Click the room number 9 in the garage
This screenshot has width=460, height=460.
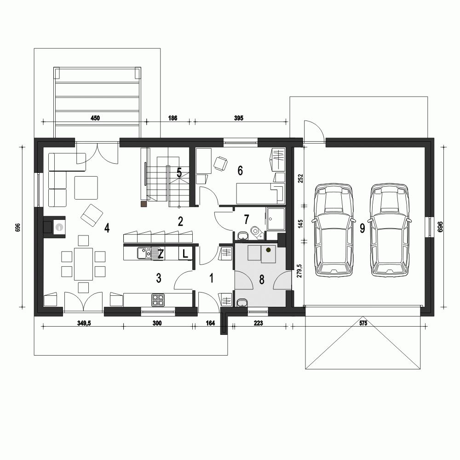pos(362,228)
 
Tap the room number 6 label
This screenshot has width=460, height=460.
pos(240,171)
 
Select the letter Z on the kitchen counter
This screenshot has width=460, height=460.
pos(161,254)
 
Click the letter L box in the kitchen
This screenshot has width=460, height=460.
pos(185,254)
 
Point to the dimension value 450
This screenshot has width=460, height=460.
pos(95,118)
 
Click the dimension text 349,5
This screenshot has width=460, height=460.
pos(84,323)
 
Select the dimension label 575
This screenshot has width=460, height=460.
pos(362,323)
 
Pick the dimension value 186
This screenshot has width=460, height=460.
pos(172,118)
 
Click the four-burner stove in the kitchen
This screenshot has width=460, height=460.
pos(158,300)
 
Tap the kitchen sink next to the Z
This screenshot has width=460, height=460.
pos(144,253)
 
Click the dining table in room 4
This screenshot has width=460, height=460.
pos(83,264)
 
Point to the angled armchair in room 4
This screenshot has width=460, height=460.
pos(92,215)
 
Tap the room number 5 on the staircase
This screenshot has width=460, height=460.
pos(179,173)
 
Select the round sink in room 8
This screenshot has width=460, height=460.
pos(242,303)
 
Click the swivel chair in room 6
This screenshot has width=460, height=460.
pos(221,163)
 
